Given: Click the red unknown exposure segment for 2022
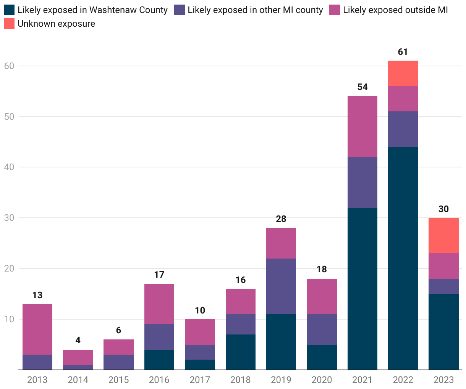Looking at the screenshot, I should (403, 74).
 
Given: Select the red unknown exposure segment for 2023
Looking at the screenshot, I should (443, 235).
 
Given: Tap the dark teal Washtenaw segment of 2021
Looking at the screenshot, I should (362, 289).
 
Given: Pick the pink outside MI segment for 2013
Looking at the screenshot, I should (37, 329).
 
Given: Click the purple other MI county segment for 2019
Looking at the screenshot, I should (281, 286).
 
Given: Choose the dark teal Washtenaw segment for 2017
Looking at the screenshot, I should (200, 365).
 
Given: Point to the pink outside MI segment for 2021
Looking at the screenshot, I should (362, 127).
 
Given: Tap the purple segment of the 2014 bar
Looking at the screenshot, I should (78, 367).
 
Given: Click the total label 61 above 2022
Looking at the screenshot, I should (403, 52).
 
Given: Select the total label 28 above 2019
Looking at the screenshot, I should (281, 219).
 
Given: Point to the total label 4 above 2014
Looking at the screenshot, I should (78, 340).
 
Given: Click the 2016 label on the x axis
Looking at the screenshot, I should (159, 380).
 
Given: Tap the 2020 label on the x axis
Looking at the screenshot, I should (322, 380).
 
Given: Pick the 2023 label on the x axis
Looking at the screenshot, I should (443, 380).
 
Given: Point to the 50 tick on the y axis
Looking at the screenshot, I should (9, 117).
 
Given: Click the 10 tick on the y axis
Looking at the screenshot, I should (9, 319).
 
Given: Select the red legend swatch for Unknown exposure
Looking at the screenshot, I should (9, 24).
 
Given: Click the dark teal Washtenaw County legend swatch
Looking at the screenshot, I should (9, 10).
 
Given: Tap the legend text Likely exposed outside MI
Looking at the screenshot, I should (395, 10).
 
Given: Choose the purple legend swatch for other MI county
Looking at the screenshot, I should (180, 10).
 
